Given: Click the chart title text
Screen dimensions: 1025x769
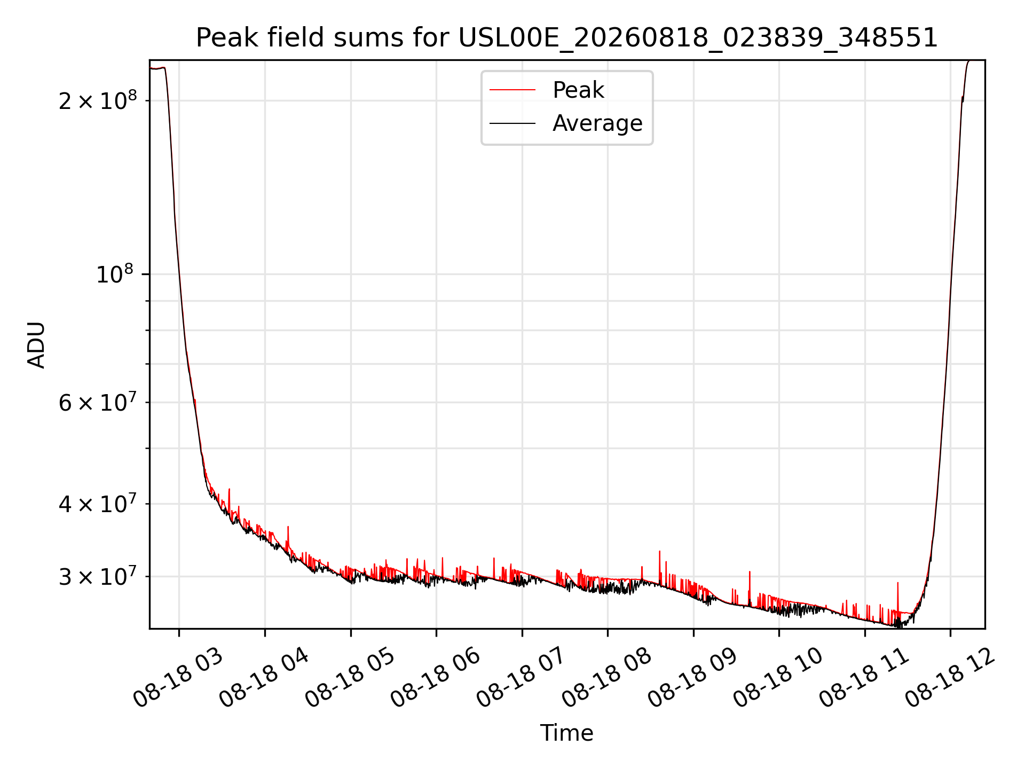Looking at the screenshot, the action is coord(567,38).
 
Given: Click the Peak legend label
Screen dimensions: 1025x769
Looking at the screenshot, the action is coord(578,90).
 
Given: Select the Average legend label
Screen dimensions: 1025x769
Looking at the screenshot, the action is coord(597,123).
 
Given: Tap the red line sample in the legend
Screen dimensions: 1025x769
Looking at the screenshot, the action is coord(512,90).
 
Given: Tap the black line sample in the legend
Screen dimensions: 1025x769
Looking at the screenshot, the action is coord(512,123).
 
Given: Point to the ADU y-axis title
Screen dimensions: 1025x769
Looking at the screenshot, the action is coord(36,344).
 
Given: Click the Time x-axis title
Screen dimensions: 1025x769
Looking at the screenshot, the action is coord(566,733).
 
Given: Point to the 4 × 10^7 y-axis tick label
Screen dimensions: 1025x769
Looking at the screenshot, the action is coord(98,503).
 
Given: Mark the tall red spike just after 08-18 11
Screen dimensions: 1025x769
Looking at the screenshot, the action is coord(897,598).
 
